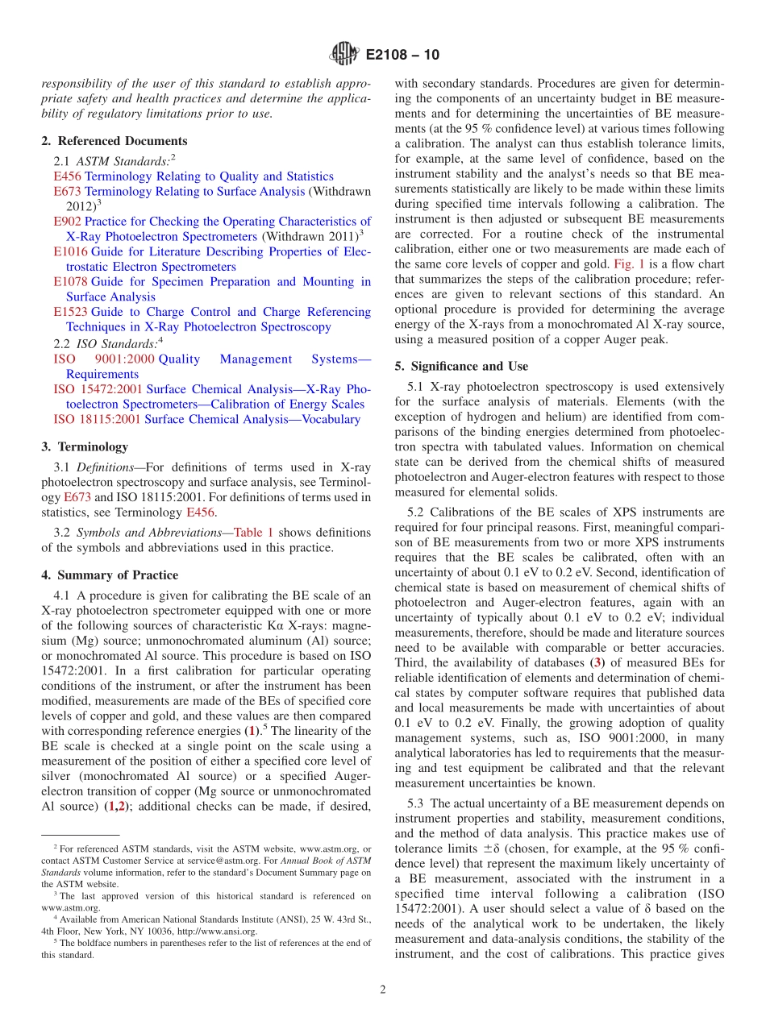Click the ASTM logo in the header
tap(344, 55)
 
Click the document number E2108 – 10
tap(402, 55)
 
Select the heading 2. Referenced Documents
tap(114, 141)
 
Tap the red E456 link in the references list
tap(67, 176)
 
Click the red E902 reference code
tap(67, 222)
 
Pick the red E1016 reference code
tap(70, 252)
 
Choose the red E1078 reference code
tap(70, 282)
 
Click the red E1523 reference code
tap(70, 312)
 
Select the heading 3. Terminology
tap(84, 446)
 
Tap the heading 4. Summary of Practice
tap(110, 575)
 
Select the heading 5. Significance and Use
tap(461, 366)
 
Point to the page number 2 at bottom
tap(383, 990)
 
